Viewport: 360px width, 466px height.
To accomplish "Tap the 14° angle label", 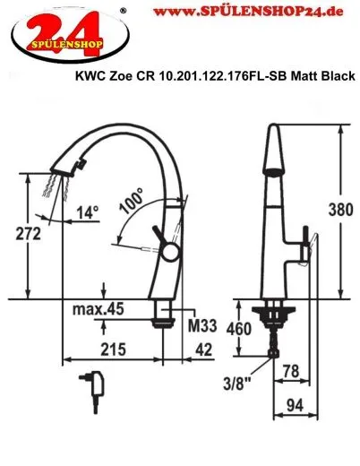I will point(87,214).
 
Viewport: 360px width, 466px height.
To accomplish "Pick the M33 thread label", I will point(201,324).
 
